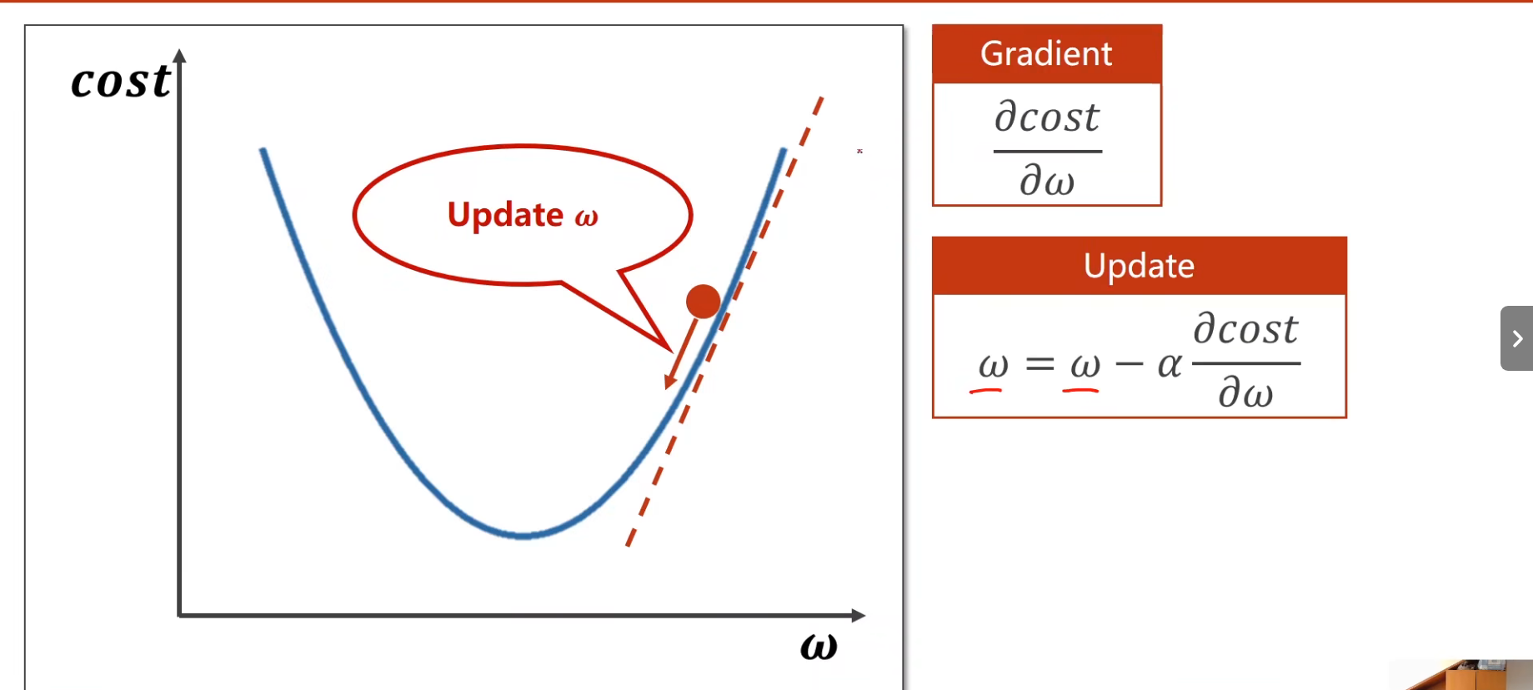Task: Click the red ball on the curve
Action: click(x=703, y=302)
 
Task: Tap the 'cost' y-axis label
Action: click(x=121, y=81)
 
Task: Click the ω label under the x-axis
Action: click(x=819, y=647)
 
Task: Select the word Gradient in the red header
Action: click(x=1046, y=54)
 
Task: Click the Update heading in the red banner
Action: click(x=1139, y=266)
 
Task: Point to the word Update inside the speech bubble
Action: click(x=505, y=215)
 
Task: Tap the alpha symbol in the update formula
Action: click(x=1170, y=364)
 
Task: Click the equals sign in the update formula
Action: click(x=1040, y=364)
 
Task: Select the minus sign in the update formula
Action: click(x=1129, y=364)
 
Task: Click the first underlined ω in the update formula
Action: click(x=993, y=365)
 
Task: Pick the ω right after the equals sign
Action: click(x=1085, y=365)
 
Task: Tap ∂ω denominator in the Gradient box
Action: click(x=1047, y=179)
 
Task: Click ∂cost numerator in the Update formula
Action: click(x=1245, y=328)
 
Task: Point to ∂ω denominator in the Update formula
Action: click(x=1245, y=392)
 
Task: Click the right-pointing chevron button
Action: click(x=1517, y=338)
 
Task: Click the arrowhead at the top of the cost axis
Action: click(x=179, y=56)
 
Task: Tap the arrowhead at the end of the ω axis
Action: click(x=859, y=615)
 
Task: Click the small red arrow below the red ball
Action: click(x=681, y=353)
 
